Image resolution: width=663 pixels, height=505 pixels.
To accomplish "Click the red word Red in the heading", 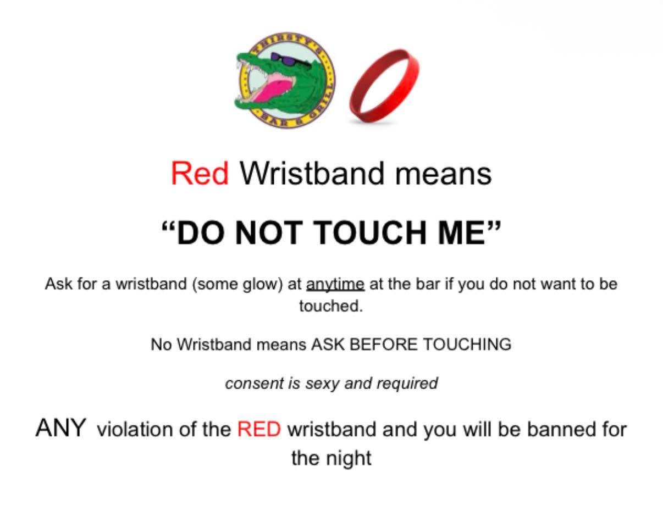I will pos(200,174).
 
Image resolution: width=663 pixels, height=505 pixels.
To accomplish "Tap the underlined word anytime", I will pos(335,284).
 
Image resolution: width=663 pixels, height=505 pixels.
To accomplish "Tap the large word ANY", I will pos(61,428).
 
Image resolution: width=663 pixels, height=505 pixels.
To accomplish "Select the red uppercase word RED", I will pos(259,429).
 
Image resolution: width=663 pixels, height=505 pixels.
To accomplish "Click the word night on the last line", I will pos(349,457).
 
